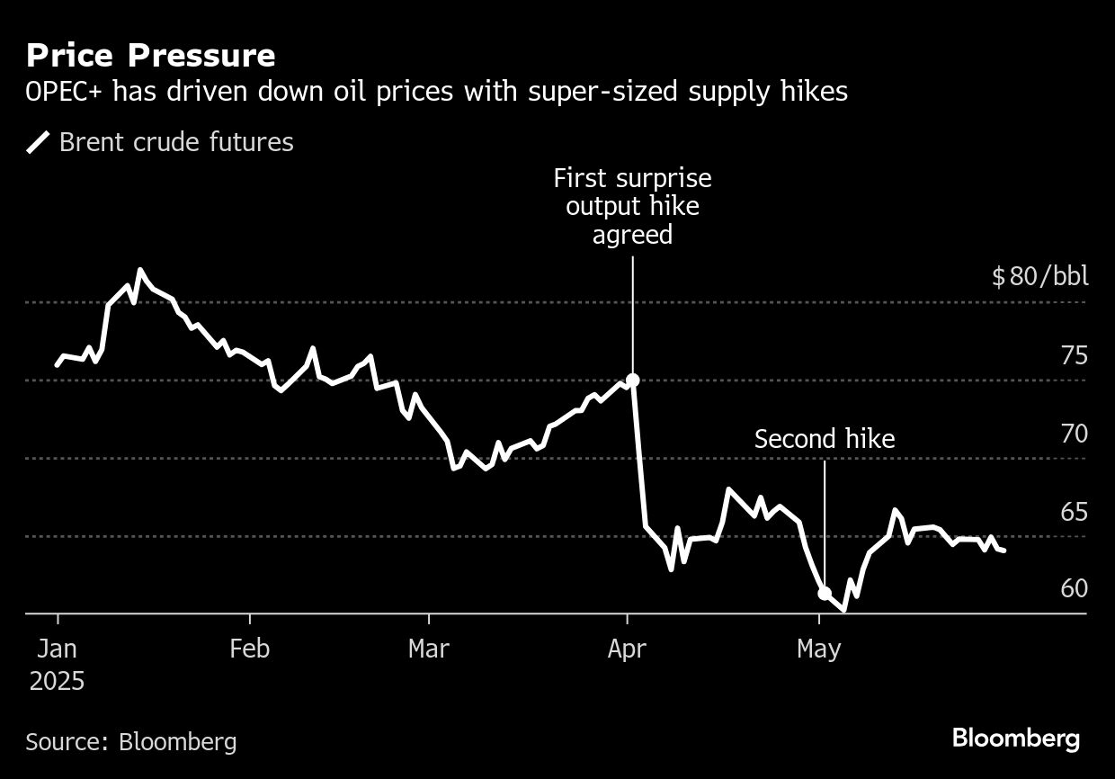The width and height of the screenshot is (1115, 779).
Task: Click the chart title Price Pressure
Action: pos(150,56)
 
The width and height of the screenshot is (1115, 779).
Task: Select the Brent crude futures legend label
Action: pos(176,142)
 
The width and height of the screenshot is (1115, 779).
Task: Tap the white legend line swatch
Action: pos(38,142)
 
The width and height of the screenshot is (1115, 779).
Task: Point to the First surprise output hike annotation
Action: pos(632,206)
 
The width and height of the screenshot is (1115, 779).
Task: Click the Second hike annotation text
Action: pos(825,439)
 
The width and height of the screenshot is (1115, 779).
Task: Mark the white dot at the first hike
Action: pos(632,380)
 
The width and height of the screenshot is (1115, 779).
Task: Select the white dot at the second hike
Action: pos(824,593)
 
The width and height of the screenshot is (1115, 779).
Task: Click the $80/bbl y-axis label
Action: pos(1039,276)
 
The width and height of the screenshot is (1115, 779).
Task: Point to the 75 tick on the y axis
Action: pos(1074,355)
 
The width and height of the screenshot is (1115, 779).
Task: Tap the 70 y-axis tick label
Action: pos(1074,434)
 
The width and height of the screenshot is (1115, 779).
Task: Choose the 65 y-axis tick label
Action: pos(1074,512)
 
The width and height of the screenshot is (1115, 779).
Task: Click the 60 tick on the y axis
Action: pos(1074,588)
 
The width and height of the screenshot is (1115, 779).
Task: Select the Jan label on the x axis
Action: pos(58,649)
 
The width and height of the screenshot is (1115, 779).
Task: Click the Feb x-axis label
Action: pos(249,649)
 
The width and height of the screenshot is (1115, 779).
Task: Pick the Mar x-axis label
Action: pos(429,649)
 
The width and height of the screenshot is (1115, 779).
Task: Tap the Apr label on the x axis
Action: pos(627,649)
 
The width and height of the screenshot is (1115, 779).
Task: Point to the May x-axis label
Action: pos(819,649)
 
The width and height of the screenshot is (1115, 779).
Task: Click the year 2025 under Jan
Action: pos(58,681)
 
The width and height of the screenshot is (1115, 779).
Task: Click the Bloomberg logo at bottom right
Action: pos(1016,739)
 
